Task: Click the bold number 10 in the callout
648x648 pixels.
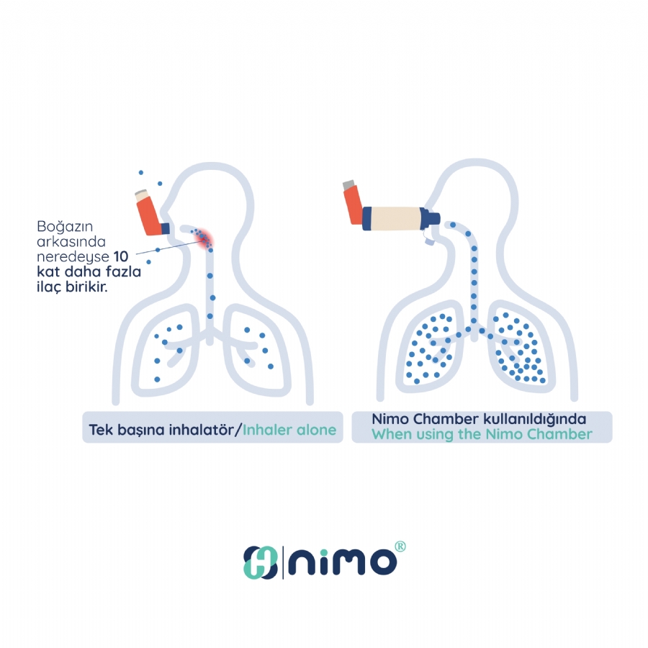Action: (x=121, y=256)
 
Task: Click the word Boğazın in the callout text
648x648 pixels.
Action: (x=65, y=227)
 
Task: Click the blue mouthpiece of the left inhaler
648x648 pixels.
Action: (x=165, y=228)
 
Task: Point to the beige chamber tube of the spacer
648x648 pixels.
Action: (x=395, y=219)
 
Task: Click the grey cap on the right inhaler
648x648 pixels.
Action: (x=348, y=184)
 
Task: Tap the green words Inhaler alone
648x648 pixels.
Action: (x=289, y=430)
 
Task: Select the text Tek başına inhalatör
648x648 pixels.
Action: (x=161, y=431)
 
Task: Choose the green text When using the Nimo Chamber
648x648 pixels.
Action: (x=482, y=434)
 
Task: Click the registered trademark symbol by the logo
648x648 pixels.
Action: (x=400, y=546)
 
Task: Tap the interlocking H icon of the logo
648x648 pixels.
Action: (x=260, y=562)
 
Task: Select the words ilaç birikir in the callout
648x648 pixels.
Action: (x=72, y=287)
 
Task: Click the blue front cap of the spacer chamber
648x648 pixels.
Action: (x=429, y=219)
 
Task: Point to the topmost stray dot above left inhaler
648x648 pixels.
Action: (x=141, y=172)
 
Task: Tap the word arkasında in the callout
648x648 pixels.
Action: (x=71, y=241)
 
